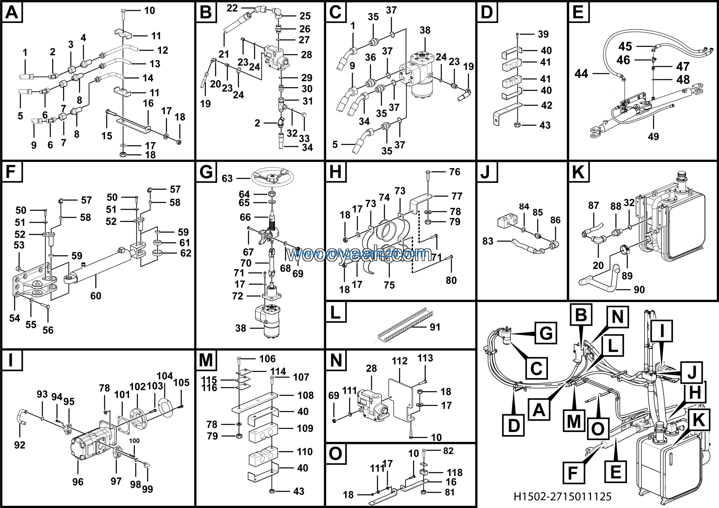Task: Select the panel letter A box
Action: [12, 13]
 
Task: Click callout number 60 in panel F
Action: [95, 296]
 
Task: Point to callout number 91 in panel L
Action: [435, 327]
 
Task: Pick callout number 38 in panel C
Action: [425, 30]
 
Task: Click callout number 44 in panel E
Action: [581, 74]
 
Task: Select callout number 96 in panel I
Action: [78, 482]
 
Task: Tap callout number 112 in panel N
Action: [400, 361]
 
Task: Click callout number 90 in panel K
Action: [639, 290]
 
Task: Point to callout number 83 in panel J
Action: [488, 241]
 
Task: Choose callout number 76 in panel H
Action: [455, 172]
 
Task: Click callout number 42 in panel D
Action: [547, 105]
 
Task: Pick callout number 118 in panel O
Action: [454, 473]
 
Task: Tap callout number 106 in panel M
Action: [267, 359]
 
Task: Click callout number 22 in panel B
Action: [232, 8]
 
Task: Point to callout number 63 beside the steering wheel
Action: [227, 178]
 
